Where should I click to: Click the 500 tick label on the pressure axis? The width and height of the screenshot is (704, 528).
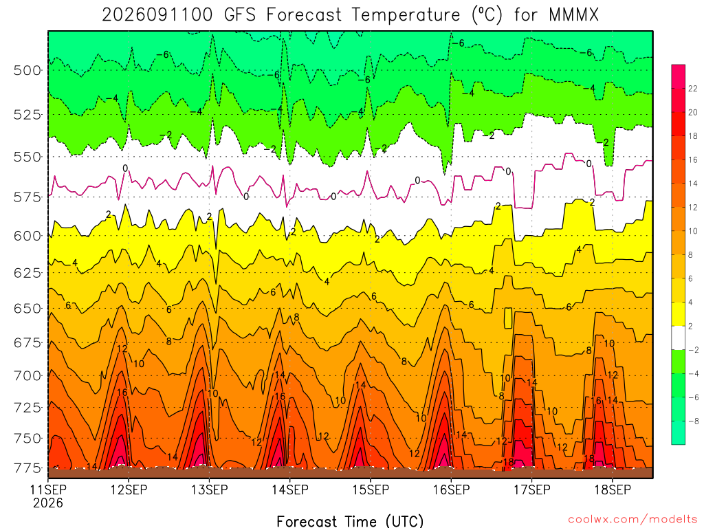pyautogui.click(x=27, y=71)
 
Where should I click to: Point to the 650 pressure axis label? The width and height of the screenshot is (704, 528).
pyautogui.click(x=27, y=309)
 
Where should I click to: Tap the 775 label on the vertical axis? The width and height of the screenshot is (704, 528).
pyautogui.click(x=27, y=468)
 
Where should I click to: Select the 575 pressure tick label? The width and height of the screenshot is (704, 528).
pyautogui.click(x=27, y=197)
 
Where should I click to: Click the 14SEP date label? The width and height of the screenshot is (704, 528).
pyautogui.click(x=290, y=489)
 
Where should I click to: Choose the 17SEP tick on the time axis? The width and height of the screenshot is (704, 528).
pyautogui.click(x=532, y=489)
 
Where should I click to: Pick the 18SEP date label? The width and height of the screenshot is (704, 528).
pyautogui.click(x=613, y=489)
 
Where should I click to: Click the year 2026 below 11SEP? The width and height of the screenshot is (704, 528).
pyautogui.click(x=48, y=503)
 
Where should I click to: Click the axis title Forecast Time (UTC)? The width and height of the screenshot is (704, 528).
pyautogui.click(x=350, y=521)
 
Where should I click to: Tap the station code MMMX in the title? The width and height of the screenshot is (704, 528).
pyautogui.click(x=573, y=15)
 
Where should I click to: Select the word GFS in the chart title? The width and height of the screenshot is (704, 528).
pyautogui.click(x=240, y=15)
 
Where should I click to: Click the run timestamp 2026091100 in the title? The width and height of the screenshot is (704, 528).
pyautogui.click(x=157, y=15)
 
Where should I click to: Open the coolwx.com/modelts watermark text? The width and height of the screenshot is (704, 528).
pyautogui.click(x=632, y=520)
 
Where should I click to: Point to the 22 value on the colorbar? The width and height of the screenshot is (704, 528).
pyautogui.click(x=693, y=89)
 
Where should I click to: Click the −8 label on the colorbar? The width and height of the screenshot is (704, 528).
pyautogui.click(x=693, y=421)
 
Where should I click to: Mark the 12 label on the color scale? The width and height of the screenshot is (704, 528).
pyautogui.click(x=693, y=208)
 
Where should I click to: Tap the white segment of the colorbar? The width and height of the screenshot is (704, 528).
pyautogui.click(x=679, y=338)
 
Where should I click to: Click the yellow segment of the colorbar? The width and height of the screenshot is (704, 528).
pyautogui.click(x=679, y=314)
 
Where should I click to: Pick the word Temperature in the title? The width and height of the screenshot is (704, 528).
pyautogui.click(x=406, y=15)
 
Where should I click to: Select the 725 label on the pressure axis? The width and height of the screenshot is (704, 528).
pyautogui.click(x=27, y=408)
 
